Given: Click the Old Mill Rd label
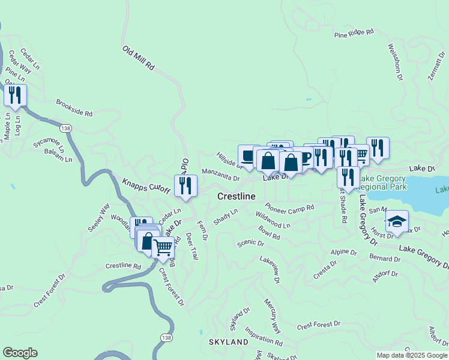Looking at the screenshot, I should [139, 59].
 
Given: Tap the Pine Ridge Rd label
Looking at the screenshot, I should [354, 33].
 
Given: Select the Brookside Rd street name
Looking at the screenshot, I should [74, 108].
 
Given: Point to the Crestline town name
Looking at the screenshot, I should [236, 197].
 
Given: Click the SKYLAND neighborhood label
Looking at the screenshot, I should [229, 342].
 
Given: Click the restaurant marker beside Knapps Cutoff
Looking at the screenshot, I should [185, 185].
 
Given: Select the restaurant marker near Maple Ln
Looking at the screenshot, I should [15, 96].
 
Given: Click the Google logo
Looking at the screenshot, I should [20, 353].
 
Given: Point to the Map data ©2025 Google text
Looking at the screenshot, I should [412, 355].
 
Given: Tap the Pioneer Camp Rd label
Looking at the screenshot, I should [290, 208].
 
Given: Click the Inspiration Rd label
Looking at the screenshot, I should [264, 336].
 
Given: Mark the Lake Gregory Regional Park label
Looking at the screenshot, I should [384, 183].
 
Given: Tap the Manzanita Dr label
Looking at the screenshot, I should [221, 174].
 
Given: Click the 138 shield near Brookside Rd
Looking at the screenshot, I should [65, 128].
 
